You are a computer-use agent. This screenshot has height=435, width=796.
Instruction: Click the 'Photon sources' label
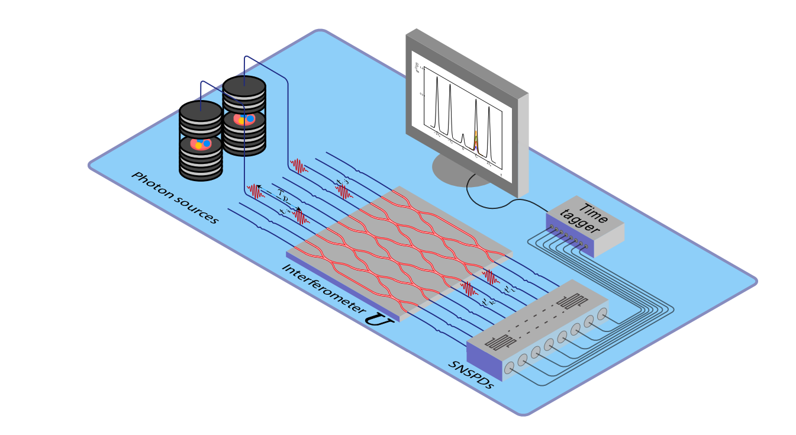pyautogui.click(x=175, y=198)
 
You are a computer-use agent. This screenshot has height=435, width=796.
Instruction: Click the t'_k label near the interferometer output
pyautogui.click(x=489, y=302)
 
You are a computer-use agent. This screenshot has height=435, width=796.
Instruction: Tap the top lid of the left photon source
pyautogui.click(x=201, y=111)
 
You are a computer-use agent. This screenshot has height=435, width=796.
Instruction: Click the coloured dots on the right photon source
pyautogui.click(x=244, y=120)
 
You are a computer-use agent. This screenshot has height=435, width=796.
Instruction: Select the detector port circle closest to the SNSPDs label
pyautogui.click(x=509, y=368)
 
